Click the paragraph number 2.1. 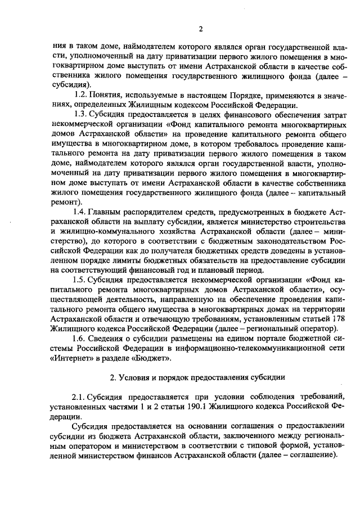coord(81,398)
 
